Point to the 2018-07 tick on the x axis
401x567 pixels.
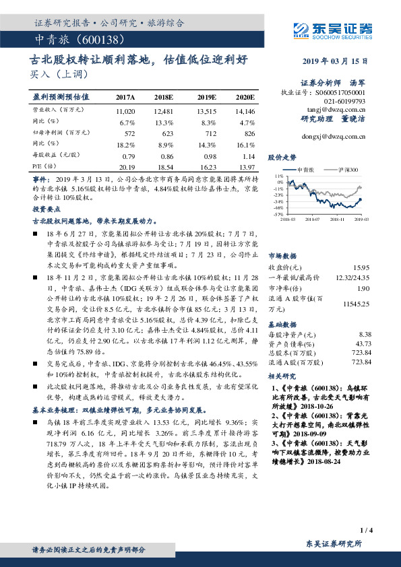(313, 219)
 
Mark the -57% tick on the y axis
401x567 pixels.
(278, 214)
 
